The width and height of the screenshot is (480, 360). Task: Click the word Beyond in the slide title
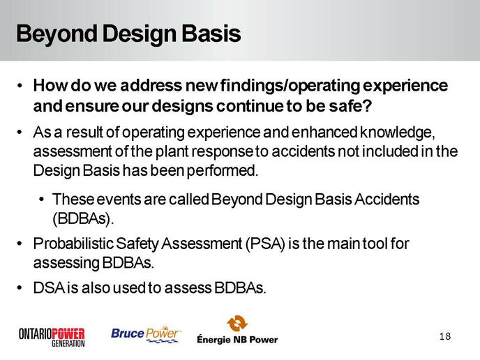pos(57,34)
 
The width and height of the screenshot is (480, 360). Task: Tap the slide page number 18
pos(445,336)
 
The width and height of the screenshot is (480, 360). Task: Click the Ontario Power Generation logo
pos(52,337)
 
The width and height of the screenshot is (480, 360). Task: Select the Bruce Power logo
pos(146,334)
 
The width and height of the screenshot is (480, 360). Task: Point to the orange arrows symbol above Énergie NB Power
pos(237,323)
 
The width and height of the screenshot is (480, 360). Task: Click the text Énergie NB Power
pos(237,339)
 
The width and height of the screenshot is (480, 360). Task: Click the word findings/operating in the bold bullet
pos(290,86)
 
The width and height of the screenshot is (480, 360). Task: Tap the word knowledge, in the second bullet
pos(398,133)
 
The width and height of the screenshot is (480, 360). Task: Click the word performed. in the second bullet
pos(223,171)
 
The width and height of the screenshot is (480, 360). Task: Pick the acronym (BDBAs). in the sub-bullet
pos(83,218)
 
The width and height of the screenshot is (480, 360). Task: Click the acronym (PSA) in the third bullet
pos(265,244)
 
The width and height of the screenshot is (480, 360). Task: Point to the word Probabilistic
pos(73,243)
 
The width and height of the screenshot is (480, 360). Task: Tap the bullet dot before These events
pos(41,200)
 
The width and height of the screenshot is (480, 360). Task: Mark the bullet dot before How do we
pos(20,85)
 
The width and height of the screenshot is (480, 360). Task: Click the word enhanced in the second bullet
pos(324,133)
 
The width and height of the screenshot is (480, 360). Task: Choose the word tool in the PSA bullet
pos(375,244)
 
